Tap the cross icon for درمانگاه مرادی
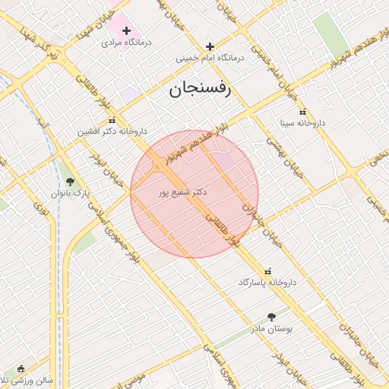tap(126, 30)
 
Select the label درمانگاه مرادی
tap(127, 43)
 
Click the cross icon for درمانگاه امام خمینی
tap(210, 46)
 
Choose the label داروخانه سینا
tap(302, 122)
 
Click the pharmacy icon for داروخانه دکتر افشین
tap(112, 120)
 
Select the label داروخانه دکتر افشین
tap(106, 131)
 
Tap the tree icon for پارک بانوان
tap(70, 182)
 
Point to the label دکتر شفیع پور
tap(182, 193)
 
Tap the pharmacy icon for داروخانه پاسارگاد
tap(267, 270)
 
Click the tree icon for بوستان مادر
tap(271, 317)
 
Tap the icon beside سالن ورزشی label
tap(21, 368)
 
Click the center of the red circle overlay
tap(194, 194)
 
